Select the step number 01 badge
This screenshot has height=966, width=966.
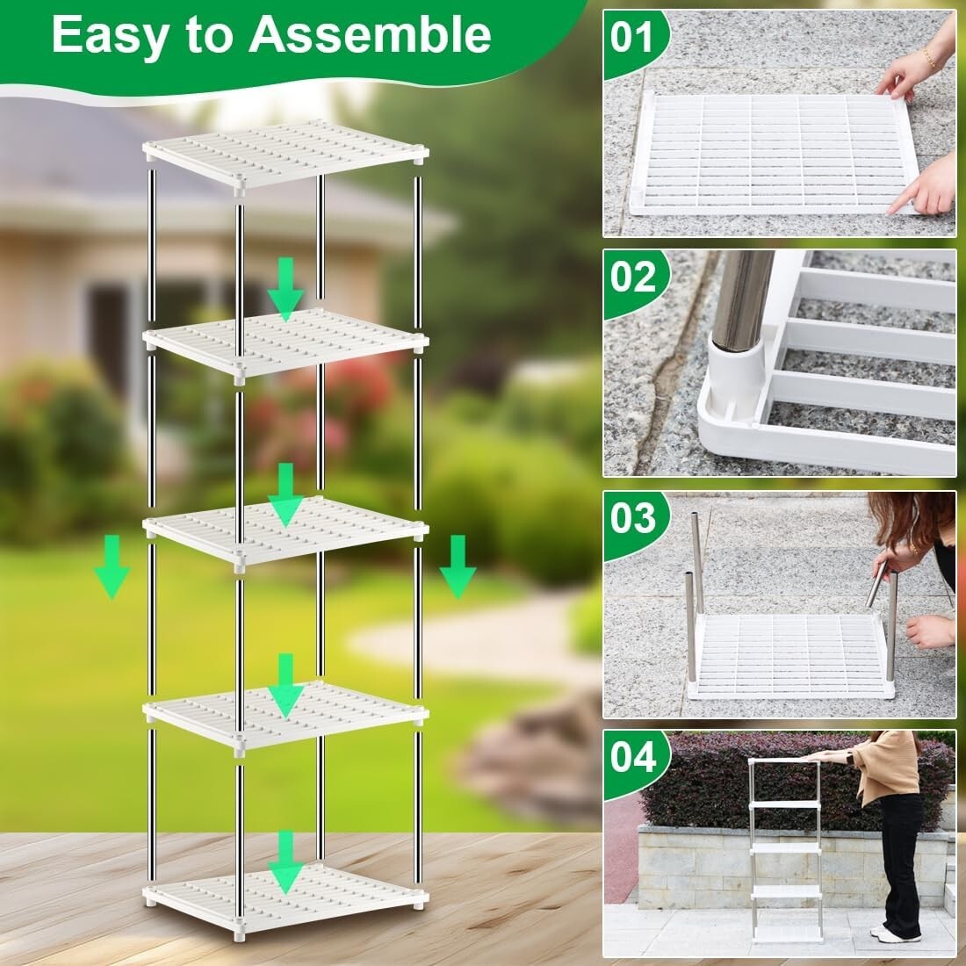point(633,39)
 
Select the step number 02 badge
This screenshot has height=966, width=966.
point(633,278)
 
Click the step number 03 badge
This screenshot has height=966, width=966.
point(633,518)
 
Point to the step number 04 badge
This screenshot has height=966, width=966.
point(633,757)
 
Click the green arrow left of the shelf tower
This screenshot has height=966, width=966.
point(112,567)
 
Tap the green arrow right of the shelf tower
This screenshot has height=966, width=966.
point(458,567)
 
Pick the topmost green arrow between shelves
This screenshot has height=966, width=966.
point(285,289)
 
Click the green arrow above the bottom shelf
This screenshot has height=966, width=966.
point(285,861)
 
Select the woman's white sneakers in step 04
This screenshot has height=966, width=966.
point(897,933)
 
